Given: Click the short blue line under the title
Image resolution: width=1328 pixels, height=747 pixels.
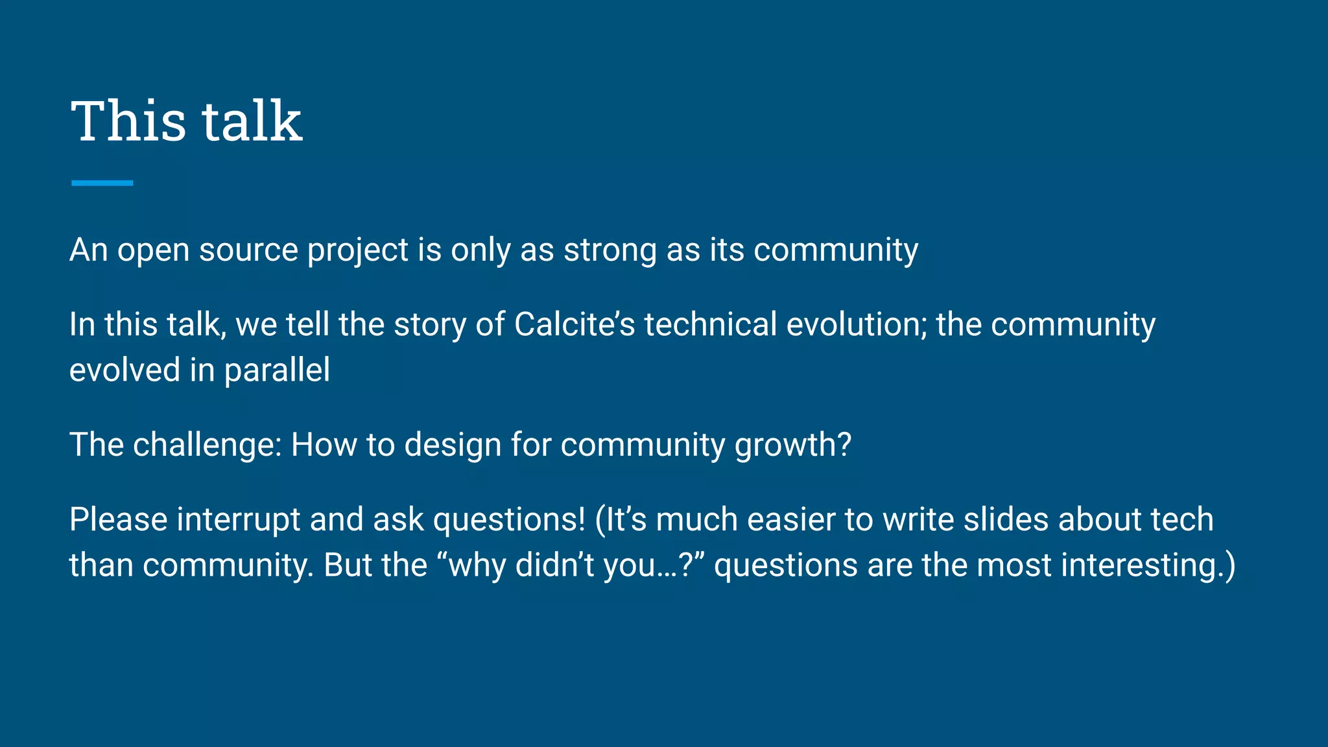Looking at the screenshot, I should pyautogui.click(x=102, y=183).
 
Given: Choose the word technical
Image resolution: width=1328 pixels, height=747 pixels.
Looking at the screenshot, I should pyautogui.click(x=710, y=324).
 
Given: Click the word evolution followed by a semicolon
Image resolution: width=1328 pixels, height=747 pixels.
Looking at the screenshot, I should pyautogui.click(x=856, y=324).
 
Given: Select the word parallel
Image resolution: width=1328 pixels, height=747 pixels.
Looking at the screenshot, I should pyautogui.click(x=277, y=371).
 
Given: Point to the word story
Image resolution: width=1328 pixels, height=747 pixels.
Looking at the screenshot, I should pyautogui.click(x=429, y=326).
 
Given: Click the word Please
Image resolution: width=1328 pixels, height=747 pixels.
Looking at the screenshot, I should pyautogui.click(x=118, y=519).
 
